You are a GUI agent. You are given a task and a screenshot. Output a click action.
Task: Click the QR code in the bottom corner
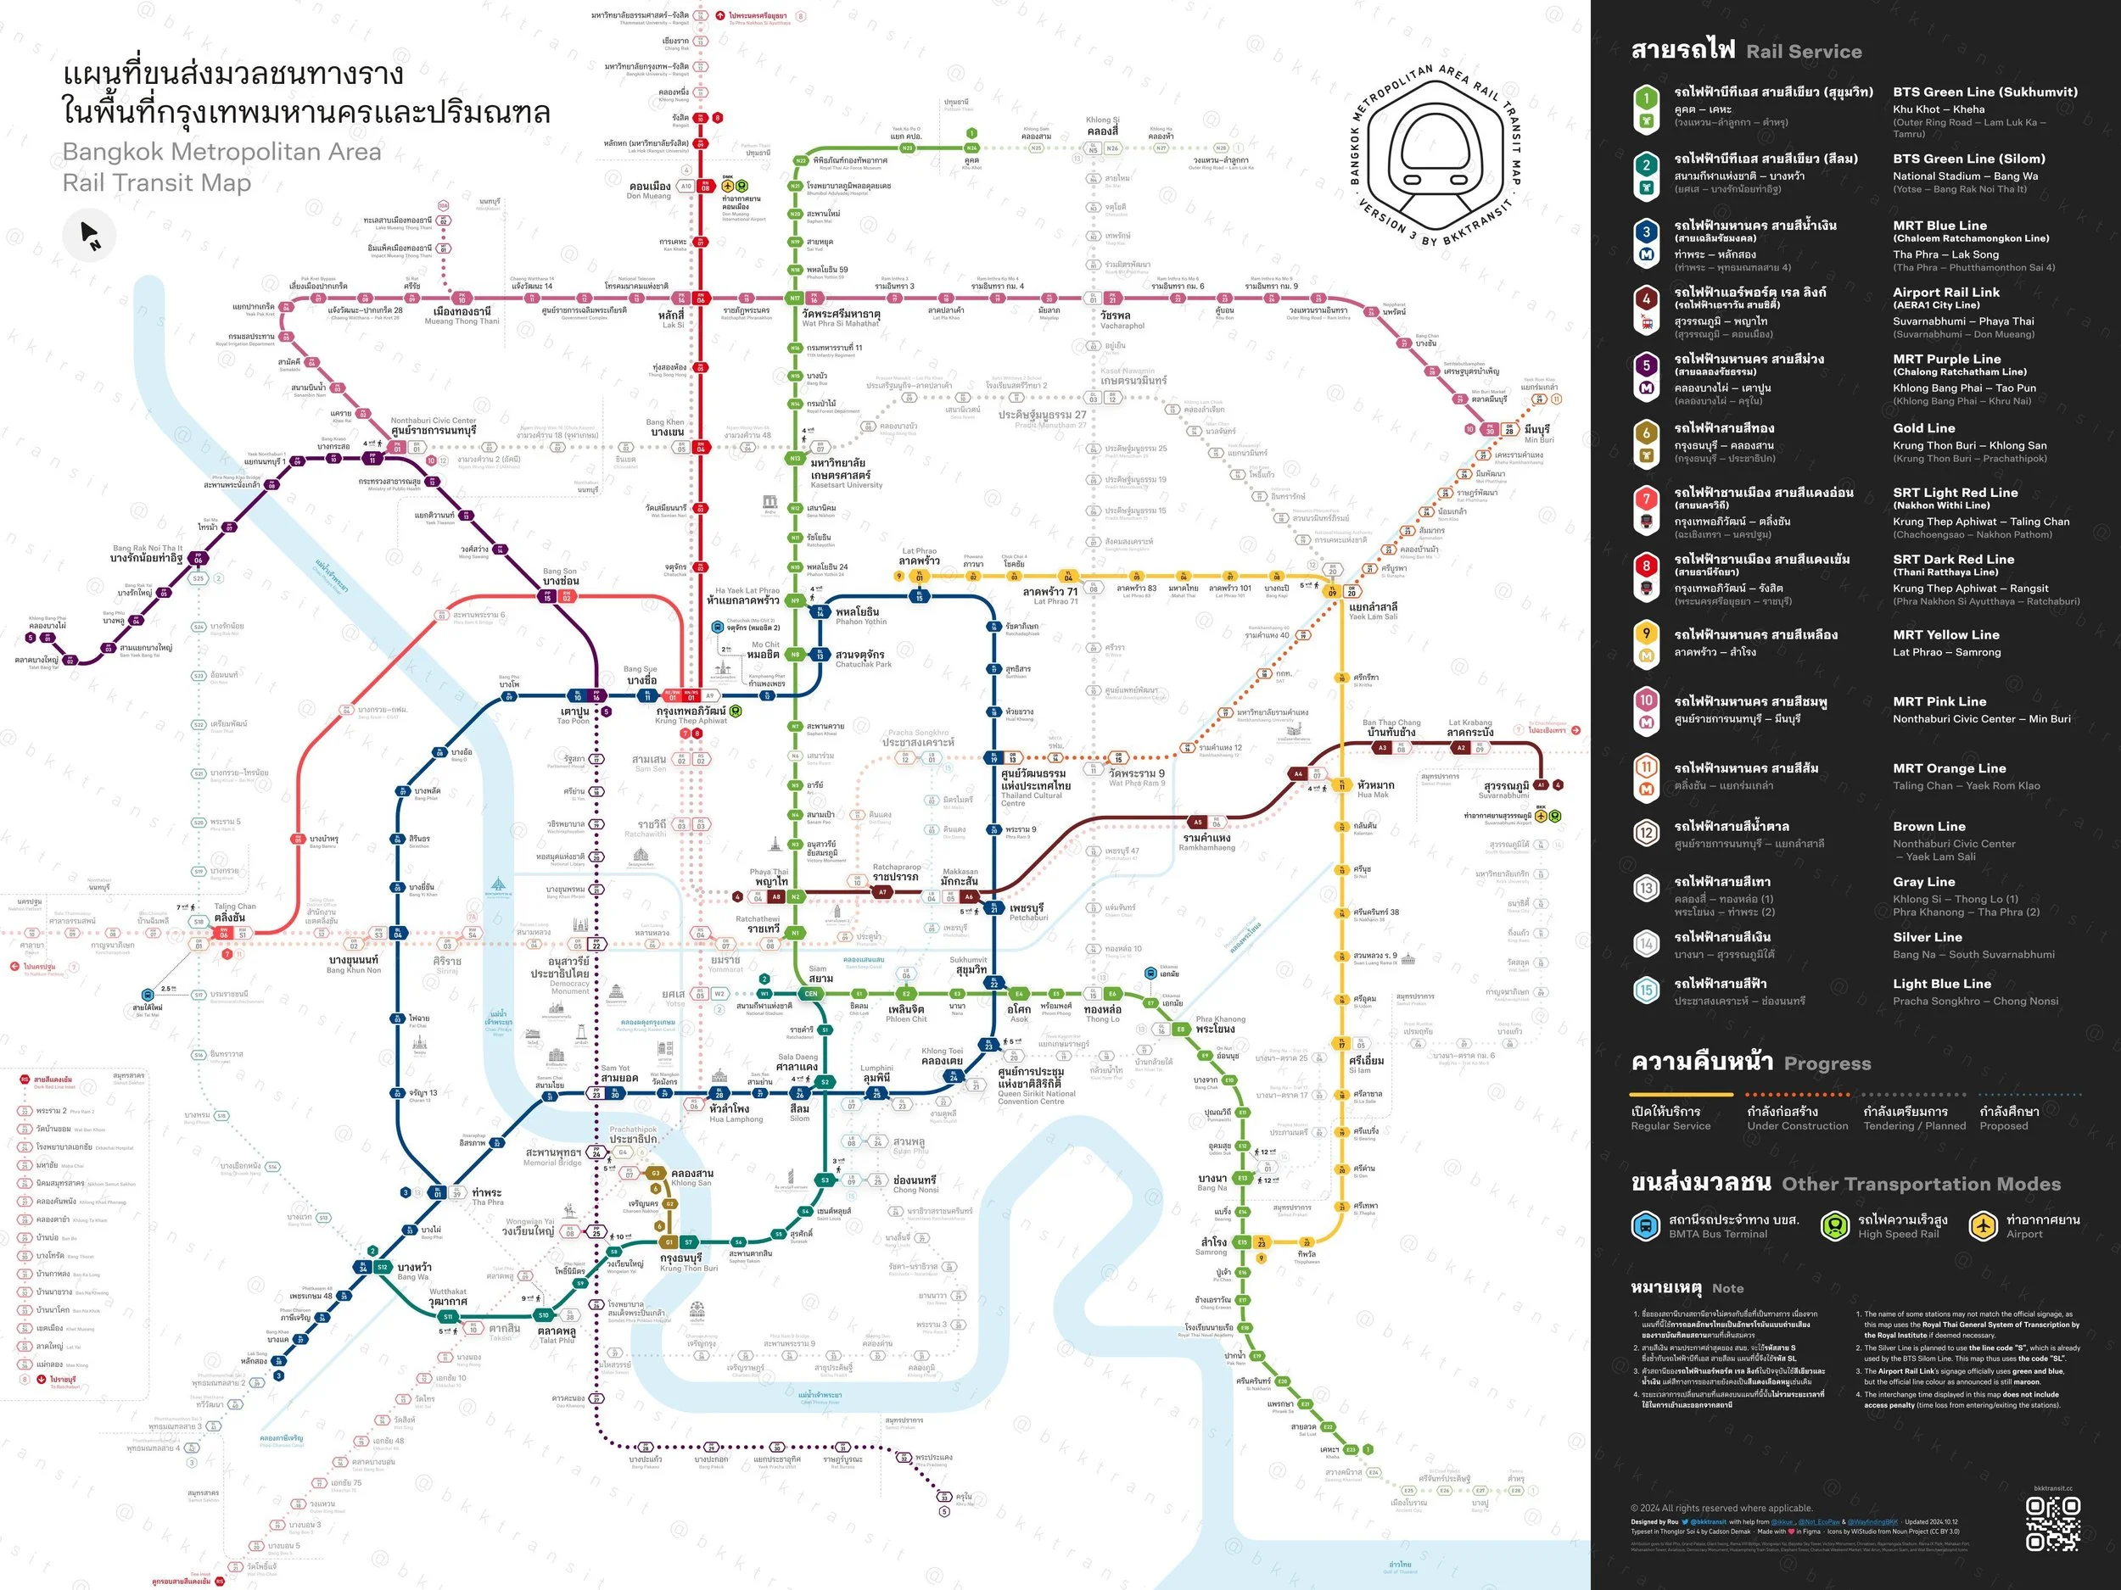point(2052,1525)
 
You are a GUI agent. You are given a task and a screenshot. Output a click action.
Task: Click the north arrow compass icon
point(90,235)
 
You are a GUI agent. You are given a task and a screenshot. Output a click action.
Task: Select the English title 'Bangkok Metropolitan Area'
point(221,152)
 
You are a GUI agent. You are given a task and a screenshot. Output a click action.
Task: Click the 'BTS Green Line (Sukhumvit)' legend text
point(1985,92)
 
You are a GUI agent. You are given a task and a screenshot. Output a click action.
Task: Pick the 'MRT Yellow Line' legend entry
point(1945,634)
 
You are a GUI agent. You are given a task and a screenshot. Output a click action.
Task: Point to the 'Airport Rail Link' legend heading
point(1945,293)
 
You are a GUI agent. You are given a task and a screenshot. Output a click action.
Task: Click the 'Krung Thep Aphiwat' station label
point(691,715)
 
